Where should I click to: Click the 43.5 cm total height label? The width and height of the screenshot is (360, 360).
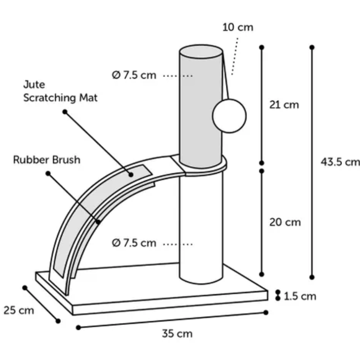click(x=340, y=162)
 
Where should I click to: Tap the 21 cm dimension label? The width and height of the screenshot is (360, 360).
click(x=284, y=105)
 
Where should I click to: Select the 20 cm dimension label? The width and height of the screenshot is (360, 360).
click(x=285, y=222)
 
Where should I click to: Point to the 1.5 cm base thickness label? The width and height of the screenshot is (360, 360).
click(x=300, y=296)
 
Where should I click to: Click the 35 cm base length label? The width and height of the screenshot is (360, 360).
click(x=177, y=333)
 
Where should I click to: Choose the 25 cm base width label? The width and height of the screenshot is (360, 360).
click(x=19, y=310)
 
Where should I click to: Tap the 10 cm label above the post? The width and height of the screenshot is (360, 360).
click(x=238, y=27)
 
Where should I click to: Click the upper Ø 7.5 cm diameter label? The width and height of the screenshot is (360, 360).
click(x=134, y=75)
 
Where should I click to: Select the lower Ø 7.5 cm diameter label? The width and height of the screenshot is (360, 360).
click(x=134, y=243)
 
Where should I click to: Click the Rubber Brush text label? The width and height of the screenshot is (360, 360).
click(x=47, y=160)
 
